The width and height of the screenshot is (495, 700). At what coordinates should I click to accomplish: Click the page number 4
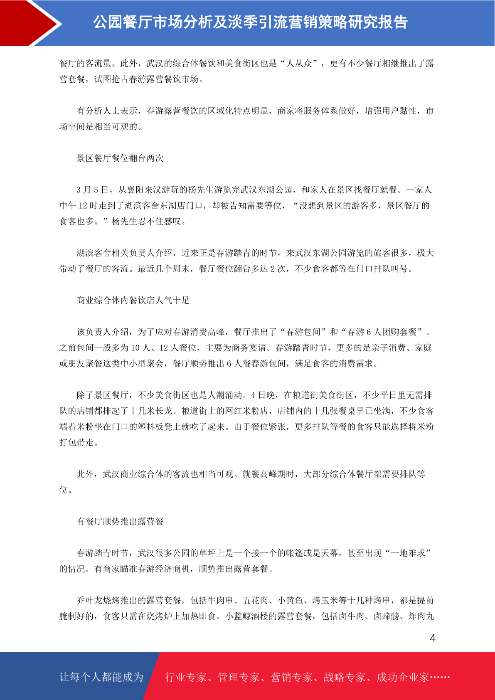coord(432,638)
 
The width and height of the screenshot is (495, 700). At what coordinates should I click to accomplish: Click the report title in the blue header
coord(250,22)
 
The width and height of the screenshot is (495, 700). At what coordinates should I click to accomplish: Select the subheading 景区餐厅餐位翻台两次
coord(120,158)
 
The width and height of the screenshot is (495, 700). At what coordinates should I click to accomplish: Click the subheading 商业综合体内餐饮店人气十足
coord(133,301)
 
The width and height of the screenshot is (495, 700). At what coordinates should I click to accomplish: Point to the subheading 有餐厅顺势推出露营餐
coord(120,522)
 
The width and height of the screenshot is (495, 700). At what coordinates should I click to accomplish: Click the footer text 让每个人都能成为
coord(101,677)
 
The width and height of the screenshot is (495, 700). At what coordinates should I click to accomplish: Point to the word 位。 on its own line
coord(66,490)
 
